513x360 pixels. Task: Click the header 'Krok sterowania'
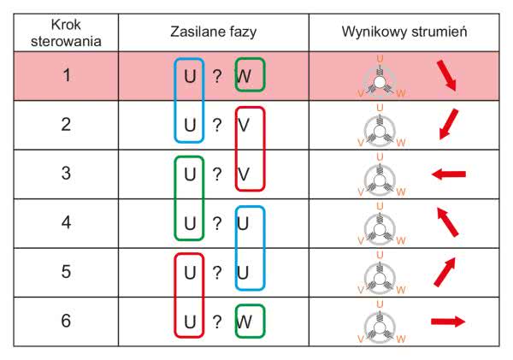65,32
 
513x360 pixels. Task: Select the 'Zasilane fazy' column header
214,32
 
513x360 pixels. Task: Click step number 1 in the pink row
65,76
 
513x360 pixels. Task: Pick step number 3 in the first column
65,174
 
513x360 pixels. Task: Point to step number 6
65,322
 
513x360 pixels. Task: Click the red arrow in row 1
446,76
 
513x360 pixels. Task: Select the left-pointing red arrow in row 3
448,174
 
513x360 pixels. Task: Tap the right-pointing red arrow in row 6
448,322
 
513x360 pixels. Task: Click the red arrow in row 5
445,272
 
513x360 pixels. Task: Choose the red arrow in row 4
445,223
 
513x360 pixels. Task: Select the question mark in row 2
217,126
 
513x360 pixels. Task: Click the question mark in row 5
217,273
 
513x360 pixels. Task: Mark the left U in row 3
190,174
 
